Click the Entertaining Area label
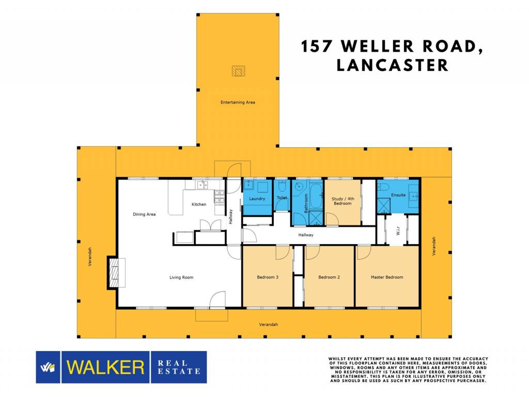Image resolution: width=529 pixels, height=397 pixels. pos(238,102)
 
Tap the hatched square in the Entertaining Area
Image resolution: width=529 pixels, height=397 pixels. pos(239,71)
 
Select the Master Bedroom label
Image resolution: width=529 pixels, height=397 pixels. pos(387,277)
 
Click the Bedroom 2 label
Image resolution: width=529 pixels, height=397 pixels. pos(329,277)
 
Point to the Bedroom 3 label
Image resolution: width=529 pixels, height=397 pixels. pos(268,277)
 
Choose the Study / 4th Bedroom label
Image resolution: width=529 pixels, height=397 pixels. pos(343,201)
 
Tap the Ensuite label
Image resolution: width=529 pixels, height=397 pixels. pos(398,195)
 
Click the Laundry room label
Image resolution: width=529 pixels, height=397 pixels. pos(257,199)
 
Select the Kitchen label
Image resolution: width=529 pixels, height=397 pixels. pos(199,204)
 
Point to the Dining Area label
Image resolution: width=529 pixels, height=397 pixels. pos(144,215)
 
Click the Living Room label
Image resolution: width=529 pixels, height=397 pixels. pos(181,278)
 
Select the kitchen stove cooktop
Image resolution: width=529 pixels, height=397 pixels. pos(219,197)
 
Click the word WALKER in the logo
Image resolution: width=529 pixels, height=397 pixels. pos(105,368)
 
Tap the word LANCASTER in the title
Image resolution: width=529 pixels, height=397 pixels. pos(393,65)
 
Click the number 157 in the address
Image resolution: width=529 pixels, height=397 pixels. pos(317,46)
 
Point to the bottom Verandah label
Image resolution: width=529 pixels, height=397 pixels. pos(269,325)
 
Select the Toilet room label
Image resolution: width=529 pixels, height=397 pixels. pos(282,197)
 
